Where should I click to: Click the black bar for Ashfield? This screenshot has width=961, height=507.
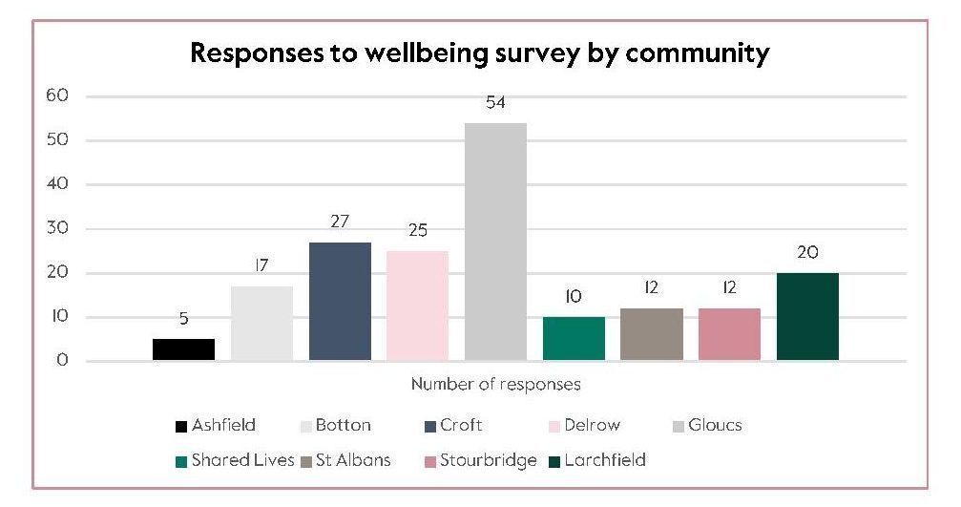tap(183, 349)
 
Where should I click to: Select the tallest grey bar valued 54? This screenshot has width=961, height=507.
tap(495, 242)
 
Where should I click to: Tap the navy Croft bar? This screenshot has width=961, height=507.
tap(340, 301)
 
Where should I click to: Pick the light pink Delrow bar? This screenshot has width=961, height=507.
tap(417, 306)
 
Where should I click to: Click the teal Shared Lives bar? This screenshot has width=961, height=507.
tap(574, 338)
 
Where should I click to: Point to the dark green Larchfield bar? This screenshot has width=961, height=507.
tap(807, 316)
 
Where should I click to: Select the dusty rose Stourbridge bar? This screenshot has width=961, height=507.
tap(729, 334)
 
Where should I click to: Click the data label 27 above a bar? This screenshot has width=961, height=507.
tap(339, 222)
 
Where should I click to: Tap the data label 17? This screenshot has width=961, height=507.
tap(261, 266)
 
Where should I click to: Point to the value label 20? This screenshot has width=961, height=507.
tap(807, 252)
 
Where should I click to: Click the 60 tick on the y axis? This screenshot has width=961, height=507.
tap(58, 95)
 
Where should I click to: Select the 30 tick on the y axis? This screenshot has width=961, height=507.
tap(58, 228)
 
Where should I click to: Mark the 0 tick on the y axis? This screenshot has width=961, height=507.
tap(63, 361)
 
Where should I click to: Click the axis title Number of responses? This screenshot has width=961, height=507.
tap(495, 385)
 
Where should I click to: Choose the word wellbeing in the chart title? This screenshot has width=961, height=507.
tap(388, 53)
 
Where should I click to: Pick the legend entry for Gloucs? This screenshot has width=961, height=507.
tap(714, 425)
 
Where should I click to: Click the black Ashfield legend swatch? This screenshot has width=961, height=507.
tap(180, 426)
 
